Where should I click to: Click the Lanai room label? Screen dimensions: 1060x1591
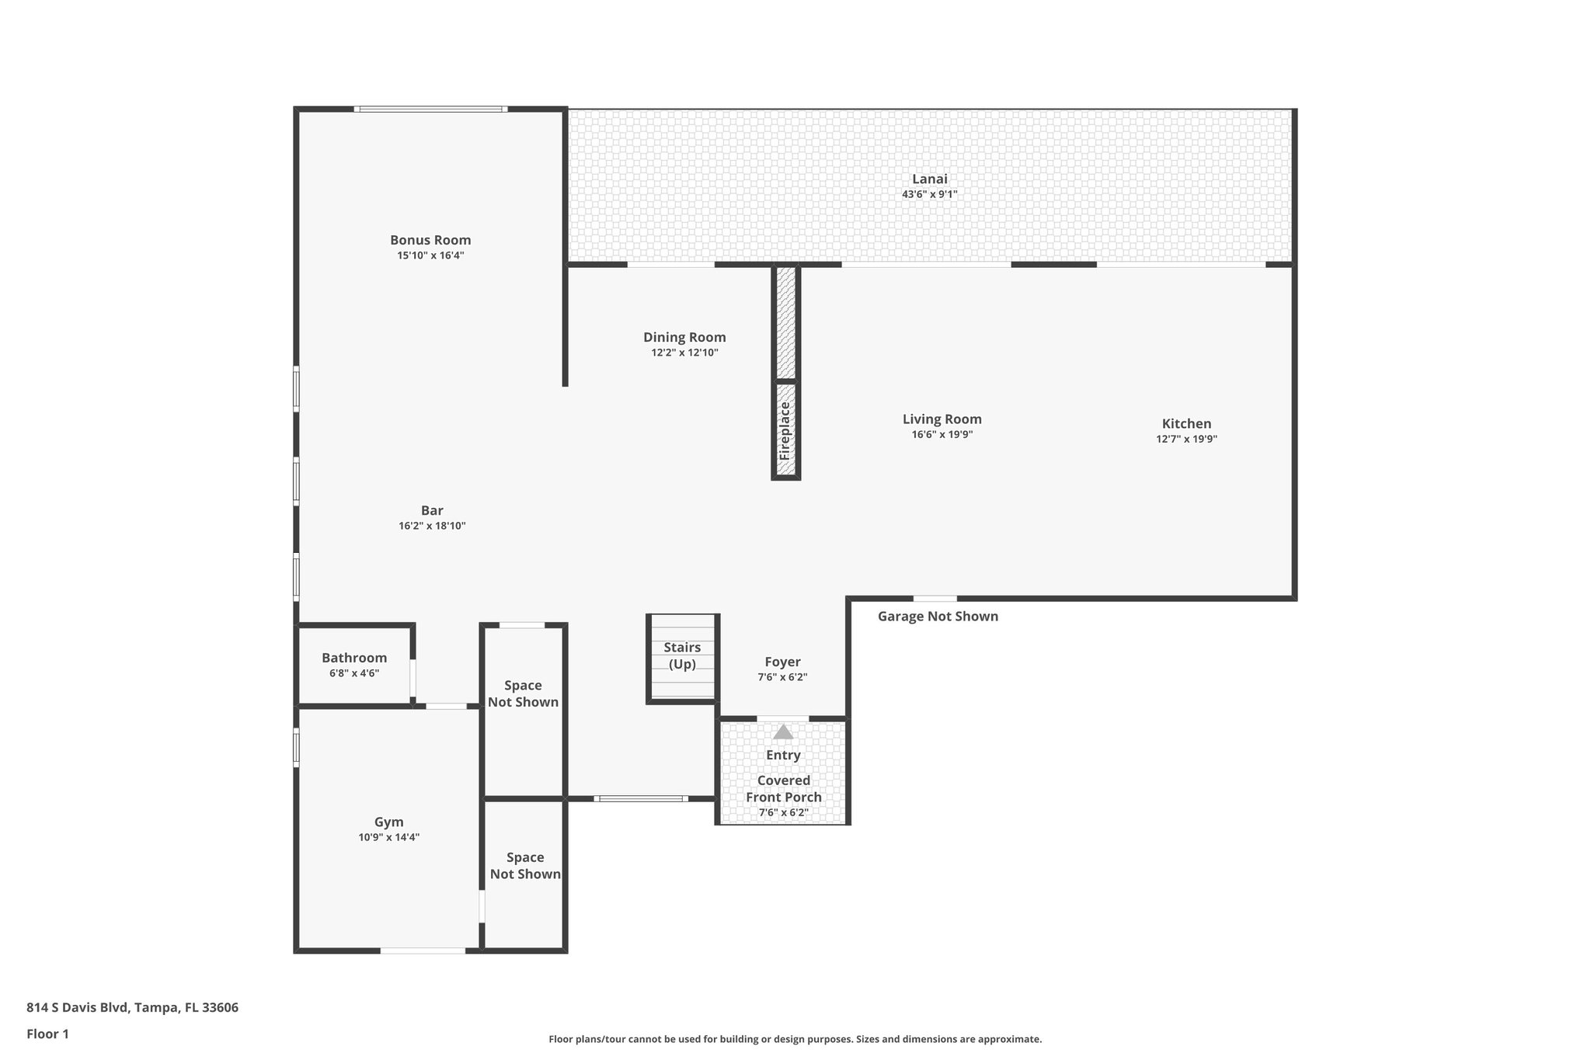coord(929,179)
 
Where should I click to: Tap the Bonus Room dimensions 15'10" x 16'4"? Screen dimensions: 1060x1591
coord(430,255)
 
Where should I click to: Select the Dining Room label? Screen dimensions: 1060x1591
coord(684,337)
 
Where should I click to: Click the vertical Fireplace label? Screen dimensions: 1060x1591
coord(785,431)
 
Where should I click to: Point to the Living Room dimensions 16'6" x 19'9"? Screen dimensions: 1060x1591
coord(942,435)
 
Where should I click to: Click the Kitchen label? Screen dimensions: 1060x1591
coord(1186,423)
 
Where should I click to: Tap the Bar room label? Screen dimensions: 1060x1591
coord(432,510)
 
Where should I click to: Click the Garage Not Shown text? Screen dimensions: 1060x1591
coord(938,617)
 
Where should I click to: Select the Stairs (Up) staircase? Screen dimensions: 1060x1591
coord(682,657)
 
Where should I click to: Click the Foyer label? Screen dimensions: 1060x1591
coord(782,662)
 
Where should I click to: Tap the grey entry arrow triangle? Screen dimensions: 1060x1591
coord(783,732)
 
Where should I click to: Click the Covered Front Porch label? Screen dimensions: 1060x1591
coord(783,789)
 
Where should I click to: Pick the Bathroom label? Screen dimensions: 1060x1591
coord(354,658)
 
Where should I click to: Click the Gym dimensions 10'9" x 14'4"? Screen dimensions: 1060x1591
coord(388,837)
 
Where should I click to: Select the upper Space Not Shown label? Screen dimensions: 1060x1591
coord(523,693)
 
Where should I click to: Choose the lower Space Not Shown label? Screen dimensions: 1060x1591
coord(525,866)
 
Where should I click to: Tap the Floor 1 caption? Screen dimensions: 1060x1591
coord(47,1034)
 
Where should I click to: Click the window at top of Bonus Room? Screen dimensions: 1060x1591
coord(430,109)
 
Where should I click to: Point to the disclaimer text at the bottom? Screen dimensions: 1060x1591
coord(795,1039)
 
